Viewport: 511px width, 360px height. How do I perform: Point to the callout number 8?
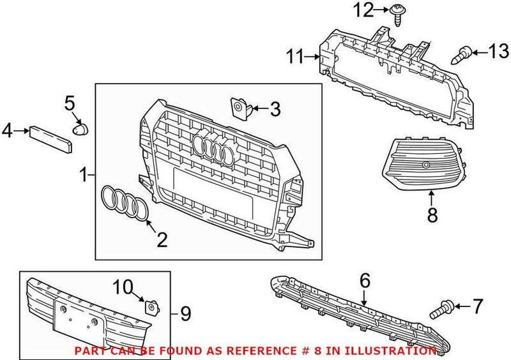pyautogui.click(x=432, y=216)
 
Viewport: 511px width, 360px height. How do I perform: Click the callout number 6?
pyautogui.click(x=365, y=280)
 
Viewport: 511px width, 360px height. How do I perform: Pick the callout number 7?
pyautogui.click(x=478, y=308)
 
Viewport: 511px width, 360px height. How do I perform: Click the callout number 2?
pyautogui.click(x=162, y=240)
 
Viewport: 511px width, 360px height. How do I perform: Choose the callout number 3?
pyautogui.click(x=275, y=109)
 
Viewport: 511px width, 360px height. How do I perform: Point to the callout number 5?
pyautogui.click(x=70, y=102)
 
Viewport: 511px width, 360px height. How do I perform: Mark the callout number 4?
pyautogui.click(x=7, y=131)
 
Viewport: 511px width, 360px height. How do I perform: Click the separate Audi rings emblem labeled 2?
pyautogui.click(x=125, y=203)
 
